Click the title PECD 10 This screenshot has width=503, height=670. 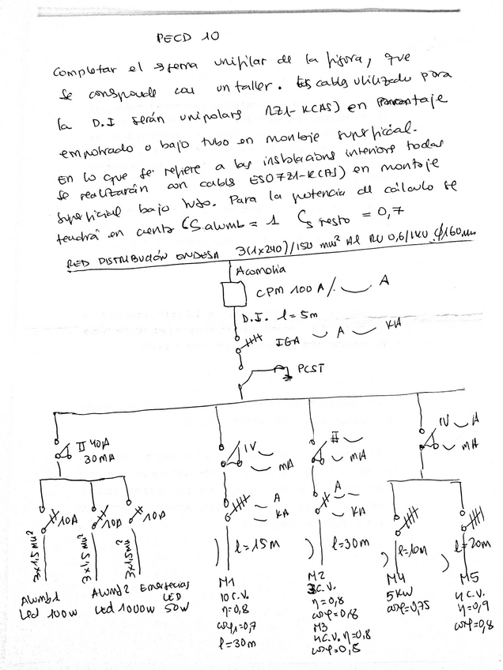(187, 38)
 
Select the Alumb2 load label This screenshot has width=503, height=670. (108, 593)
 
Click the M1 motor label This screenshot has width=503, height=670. (225, 582)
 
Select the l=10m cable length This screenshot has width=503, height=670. (412, 548)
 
